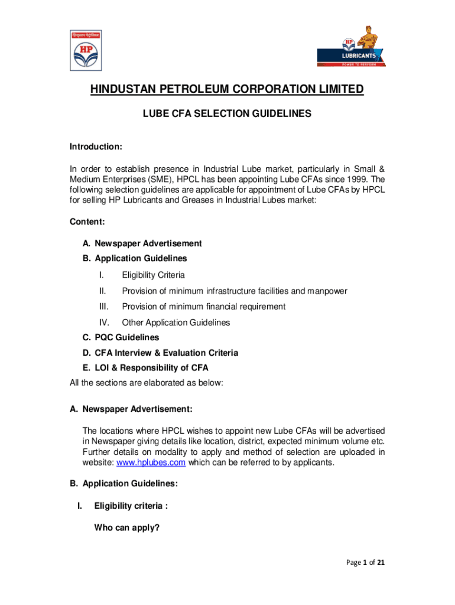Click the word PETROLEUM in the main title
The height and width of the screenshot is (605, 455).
(217, 90)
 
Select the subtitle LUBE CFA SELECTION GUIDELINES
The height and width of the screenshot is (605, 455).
(227, 114)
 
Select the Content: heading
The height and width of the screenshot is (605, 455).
(87, 222)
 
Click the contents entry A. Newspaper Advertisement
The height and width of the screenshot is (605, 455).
(142, 243)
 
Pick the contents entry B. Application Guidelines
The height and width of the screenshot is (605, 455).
(135, 258)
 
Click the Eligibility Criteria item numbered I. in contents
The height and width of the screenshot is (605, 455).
(153, 275)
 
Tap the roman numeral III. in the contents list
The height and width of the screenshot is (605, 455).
(103, 307)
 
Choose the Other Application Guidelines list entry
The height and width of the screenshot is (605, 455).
(175, 323)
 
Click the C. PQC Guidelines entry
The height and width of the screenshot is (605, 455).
(121, 337)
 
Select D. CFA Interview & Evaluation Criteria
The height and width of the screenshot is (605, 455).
(160, 353)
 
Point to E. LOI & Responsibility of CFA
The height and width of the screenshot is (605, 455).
(145, 367)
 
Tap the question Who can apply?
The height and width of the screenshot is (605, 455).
(126, 528)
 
